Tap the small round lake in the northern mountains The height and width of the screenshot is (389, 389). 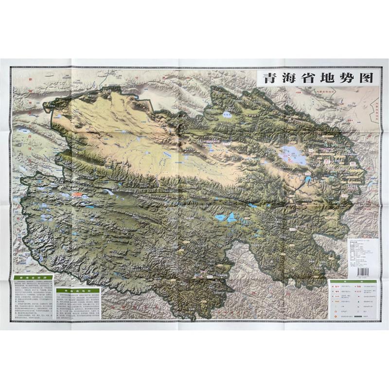tap(227, 116)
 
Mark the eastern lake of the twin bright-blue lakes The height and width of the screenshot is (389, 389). tap(232, 217)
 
